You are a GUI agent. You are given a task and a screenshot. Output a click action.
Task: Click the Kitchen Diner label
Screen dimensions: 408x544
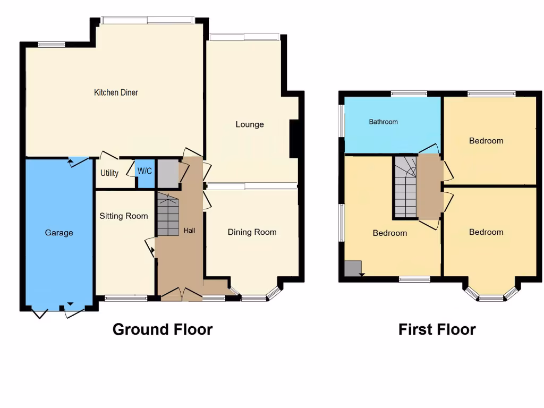(x=116, y=92)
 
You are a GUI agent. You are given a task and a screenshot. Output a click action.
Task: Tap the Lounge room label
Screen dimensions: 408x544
(x=250, y=124)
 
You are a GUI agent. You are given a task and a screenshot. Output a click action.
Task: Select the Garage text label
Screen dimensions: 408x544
(x=59, y=233)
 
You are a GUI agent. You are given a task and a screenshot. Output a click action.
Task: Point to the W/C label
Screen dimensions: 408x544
(x=144, y=171)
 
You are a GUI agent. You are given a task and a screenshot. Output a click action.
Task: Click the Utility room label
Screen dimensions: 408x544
(x=109, y=173)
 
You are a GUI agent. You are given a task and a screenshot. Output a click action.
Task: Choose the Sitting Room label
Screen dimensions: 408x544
(x=123, y=216)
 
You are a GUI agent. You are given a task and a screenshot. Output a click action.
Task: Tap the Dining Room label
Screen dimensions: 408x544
(x=252, y=232)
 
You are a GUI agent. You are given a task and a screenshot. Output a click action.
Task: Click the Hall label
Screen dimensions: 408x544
(x=189, y=231)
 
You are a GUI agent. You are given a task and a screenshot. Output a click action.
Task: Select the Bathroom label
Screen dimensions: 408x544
(x=383, y=122)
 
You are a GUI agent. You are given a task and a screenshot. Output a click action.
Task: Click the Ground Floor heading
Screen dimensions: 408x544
(x=162, y=329)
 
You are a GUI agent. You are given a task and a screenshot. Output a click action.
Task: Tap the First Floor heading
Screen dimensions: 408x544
(x=437, y=329)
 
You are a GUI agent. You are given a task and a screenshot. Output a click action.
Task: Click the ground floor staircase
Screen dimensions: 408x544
(x=168, y=215)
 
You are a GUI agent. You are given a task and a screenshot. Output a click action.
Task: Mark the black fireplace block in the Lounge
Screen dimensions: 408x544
(x=293, y=139)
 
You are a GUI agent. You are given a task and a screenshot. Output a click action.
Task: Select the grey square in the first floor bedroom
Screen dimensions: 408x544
(x=353, y=268)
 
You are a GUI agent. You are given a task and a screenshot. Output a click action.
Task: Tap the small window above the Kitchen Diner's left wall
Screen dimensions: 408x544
(x=52, y=45)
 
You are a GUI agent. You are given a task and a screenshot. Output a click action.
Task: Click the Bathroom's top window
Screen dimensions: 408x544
(x=409, y=94)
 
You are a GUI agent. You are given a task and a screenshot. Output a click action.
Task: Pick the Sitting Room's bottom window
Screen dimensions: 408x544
(x=126, y=298)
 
